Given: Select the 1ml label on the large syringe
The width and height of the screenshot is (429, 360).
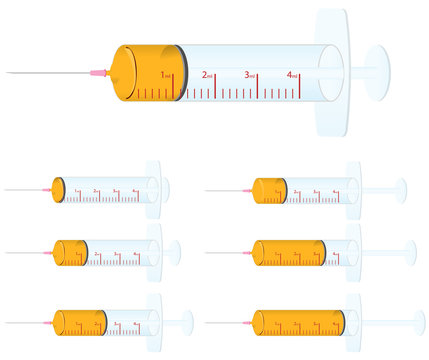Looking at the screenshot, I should pyautogui.click(x=167, y=75).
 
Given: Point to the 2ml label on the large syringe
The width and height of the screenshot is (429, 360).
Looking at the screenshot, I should pyautogui.click(x=208, y=75).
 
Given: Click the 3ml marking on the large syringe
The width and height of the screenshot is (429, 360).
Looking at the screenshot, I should pyautogui.click(x=250, y=75).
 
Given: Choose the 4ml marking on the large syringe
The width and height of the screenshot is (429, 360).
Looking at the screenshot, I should pyautogui.click(x=292, y=75).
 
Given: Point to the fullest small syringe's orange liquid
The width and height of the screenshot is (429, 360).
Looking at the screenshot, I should pyautogui.click(x=295, y=321).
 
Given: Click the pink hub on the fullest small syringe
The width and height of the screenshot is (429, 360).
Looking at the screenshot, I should pyautogui.click(x=247, y=321).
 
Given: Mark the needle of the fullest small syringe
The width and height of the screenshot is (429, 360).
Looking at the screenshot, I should pyautogui.click(x=225, y=321).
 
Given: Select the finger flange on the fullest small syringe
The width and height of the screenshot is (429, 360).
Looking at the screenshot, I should pyautogui.click(x=354, y=321).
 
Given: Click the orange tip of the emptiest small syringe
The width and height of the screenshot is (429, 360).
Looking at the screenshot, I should pyautogui.click(x=58, y=190).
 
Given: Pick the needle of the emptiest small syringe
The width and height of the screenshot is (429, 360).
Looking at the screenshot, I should pyautogui.click(x=25, y=190).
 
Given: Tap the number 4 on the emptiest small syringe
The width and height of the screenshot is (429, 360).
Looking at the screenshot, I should pyautogui.click(x=136, y=188).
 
